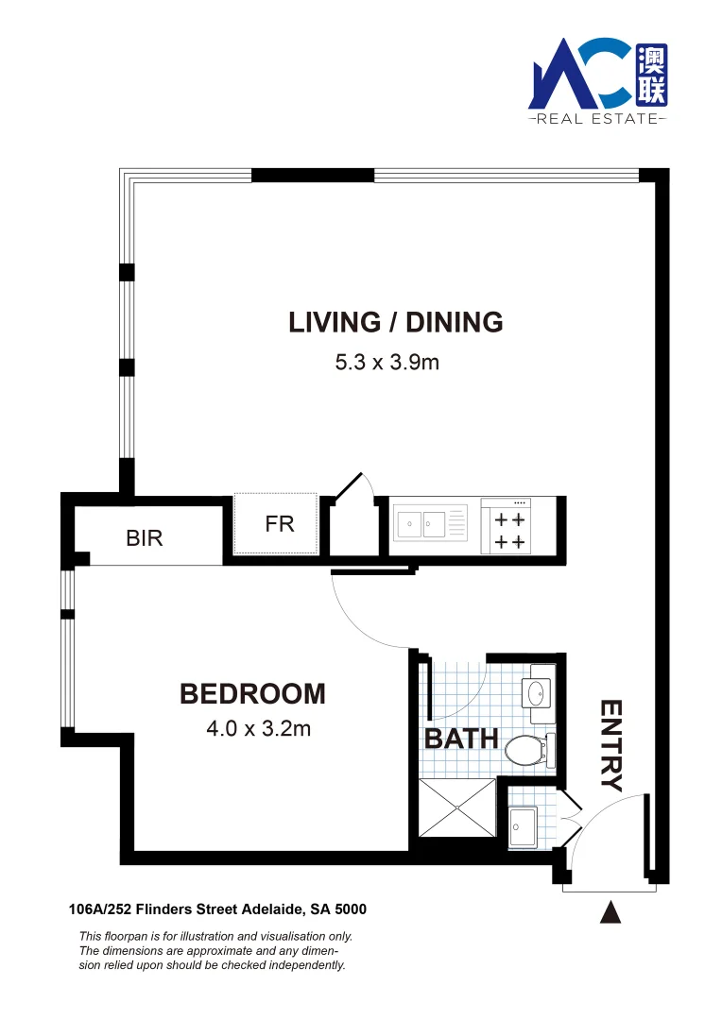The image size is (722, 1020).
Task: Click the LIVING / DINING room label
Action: (x=395, y=322)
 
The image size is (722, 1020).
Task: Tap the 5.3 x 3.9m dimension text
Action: (x=387, y=362)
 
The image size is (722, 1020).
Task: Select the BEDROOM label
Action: (x=252, y=694)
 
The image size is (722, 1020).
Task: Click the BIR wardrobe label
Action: (x=145, y=538)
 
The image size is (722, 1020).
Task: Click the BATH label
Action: (x=460, y=738)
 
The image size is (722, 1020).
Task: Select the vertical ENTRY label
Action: (x=612, y=745)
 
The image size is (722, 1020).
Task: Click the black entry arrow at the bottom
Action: (x=611, y=912)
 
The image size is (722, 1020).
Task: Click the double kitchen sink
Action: (x=421, y=523)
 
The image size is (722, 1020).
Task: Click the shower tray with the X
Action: (x=456, y=807)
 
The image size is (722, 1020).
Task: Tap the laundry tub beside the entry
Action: (x=521, y=827)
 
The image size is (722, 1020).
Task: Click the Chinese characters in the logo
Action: (x=650, y=76)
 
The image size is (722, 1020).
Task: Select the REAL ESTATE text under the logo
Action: (x=596, y=119)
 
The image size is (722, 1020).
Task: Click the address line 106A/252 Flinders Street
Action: (x=217, y=909)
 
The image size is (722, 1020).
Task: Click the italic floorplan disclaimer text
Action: (x=215, y=950)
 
